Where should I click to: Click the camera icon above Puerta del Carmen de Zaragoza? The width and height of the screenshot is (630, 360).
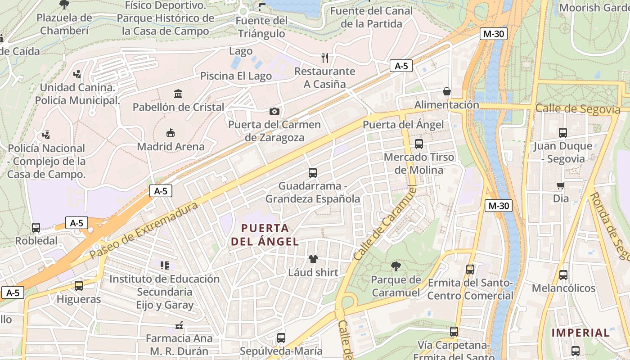pos(274,111)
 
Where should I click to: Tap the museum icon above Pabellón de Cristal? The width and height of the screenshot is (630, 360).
pos(178,94)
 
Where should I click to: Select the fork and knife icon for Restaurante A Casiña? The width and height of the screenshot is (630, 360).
pos(325,58)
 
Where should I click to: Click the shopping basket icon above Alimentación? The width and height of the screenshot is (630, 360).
pos(447,91)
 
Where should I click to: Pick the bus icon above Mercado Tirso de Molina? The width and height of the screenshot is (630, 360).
pos(419,144)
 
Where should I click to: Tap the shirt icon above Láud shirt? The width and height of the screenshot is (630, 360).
pos(313,259)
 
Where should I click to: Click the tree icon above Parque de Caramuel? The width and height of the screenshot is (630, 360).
pos(396,266)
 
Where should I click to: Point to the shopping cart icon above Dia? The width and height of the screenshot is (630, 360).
pos(561,185)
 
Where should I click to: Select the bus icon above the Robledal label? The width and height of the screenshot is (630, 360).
pos(36,228)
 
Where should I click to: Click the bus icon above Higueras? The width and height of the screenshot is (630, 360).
pos(79,286)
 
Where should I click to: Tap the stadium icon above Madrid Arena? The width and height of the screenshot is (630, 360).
pos(171,133)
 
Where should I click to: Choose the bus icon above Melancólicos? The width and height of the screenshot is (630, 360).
pos(563,274)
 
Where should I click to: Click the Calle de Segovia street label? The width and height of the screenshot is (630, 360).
pos(577,109)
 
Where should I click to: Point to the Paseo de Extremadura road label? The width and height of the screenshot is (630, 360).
pos(144,230)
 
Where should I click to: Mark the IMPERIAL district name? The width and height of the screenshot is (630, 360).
pos(580,333)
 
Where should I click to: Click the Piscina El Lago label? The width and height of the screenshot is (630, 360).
pos(236,76)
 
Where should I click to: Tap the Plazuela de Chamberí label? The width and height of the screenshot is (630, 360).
pos(64,24)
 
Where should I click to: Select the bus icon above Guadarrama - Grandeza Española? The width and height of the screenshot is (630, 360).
pos(313,172)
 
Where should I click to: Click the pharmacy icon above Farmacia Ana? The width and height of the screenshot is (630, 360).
pos(179,325)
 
